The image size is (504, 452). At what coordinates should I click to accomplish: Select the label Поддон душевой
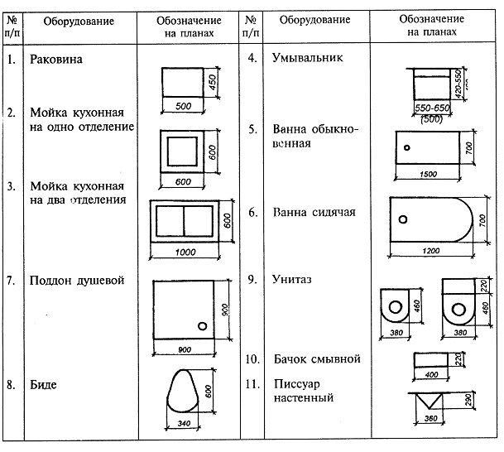point(77,281)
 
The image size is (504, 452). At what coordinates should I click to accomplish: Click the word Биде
point(44,384)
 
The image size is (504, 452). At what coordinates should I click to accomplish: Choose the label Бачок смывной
point(316,359)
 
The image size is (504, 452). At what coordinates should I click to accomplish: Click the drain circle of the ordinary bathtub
point(407,148)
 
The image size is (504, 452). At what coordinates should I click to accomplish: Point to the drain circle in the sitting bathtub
point(403,219)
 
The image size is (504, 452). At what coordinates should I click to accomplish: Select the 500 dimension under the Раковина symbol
point(183,107)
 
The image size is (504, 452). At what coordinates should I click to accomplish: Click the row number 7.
point(11,281)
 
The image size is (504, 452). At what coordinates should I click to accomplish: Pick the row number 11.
point(253,384)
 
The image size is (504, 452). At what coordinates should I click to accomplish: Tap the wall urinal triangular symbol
point(430,402)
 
